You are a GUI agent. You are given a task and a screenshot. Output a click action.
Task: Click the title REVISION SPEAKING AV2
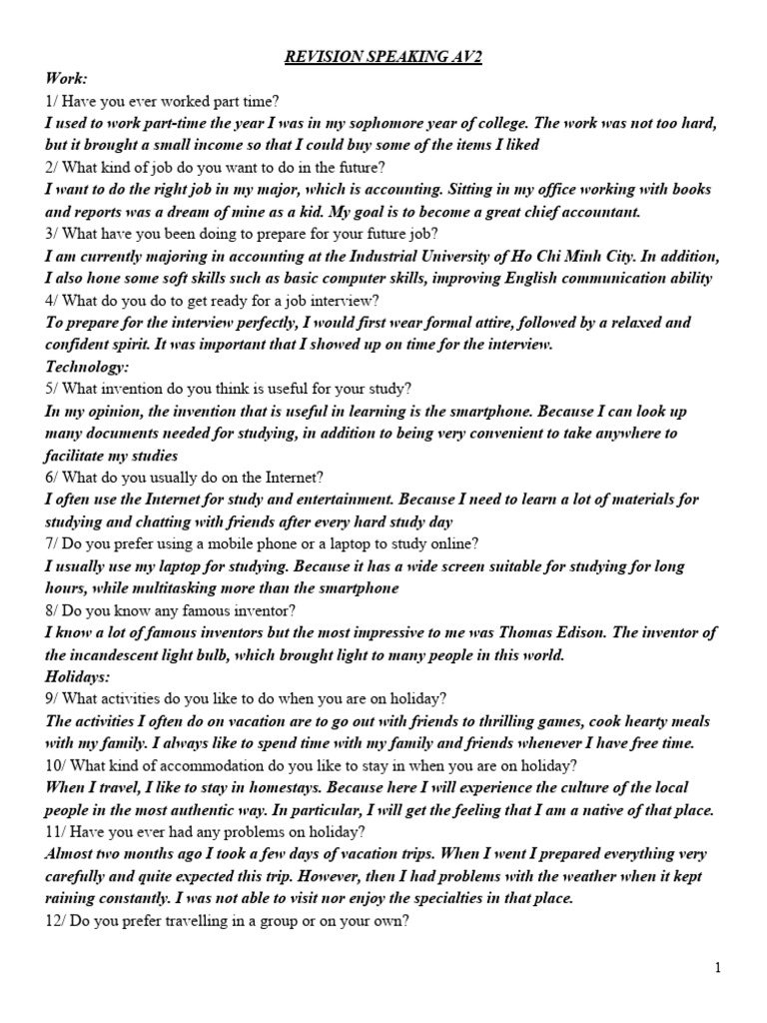click(383, 57)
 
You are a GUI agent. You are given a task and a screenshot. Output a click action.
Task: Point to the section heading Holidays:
click(78, 676)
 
